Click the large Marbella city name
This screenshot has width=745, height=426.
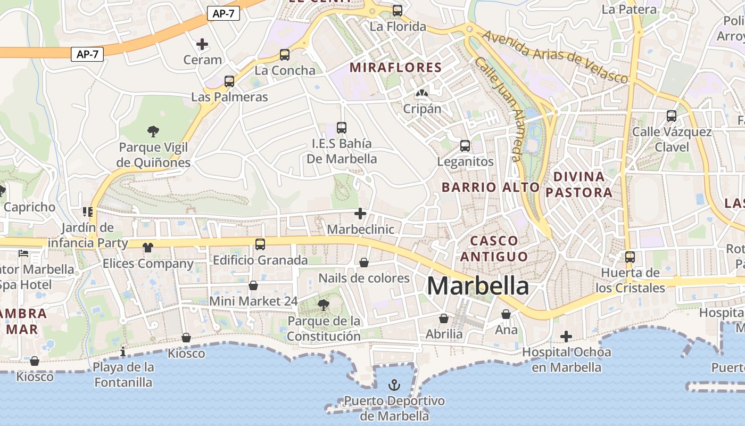point(478,286)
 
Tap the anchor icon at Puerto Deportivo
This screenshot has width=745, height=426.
point(394,384)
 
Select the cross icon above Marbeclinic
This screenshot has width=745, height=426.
point(360,214)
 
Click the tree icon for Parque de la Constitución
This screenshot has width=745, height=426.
point(323,305)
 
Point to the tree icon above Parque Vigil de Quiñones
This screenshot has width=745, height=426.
point(153,130)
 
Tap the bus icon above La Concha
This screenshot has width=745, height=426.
point(285,54)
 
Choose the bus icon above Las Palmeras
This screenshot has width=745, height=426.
point(229,81)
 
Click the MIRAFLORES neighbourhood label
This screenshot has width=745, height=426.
point(395,68)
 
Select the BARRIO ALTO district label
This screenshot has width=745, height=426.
point(491,187)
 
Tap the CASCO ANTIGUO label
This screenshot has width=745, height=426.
point(494,249)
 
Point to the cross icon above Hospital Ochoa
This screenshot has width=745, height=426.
point(566,336)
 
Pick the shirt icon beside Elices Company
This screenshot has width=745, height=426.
point(148,247)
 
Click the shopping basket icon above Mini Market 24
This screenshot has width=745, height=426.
point(253,285)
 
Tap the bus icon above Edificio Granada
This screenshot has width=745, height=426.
point(260,244)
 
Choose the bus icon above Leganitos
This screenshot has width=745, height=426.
point(465,145)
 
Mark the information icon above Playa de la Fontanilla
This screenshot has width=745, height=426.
point(123,351)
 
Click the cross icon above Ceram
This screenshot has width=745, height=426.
point(202,44)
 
